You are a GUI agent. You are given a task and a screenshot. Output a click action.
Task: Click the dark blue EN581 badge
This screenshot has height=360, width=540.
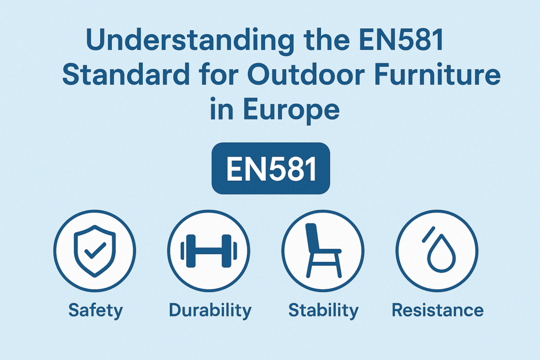click(x=271, y=168)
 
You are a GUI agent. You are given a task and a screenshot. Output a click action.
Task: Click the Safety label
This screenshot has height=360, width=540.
click(x=95, y=310)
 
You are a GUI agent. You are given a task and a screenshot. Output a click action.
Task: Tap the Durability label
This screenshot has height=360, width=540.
click(x=210, y=310)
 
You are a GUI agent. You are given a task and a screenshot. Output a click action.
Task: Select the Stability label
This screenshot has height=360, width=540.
click(x=323, y=310)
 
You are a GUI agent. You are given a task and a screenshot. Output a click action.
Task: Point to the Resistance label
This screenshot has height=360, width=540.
click(x=438, y=310)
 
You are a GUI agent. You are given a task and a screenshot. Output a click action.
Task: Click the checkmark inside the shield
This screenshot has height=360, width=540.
click(x=95, y=250)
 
